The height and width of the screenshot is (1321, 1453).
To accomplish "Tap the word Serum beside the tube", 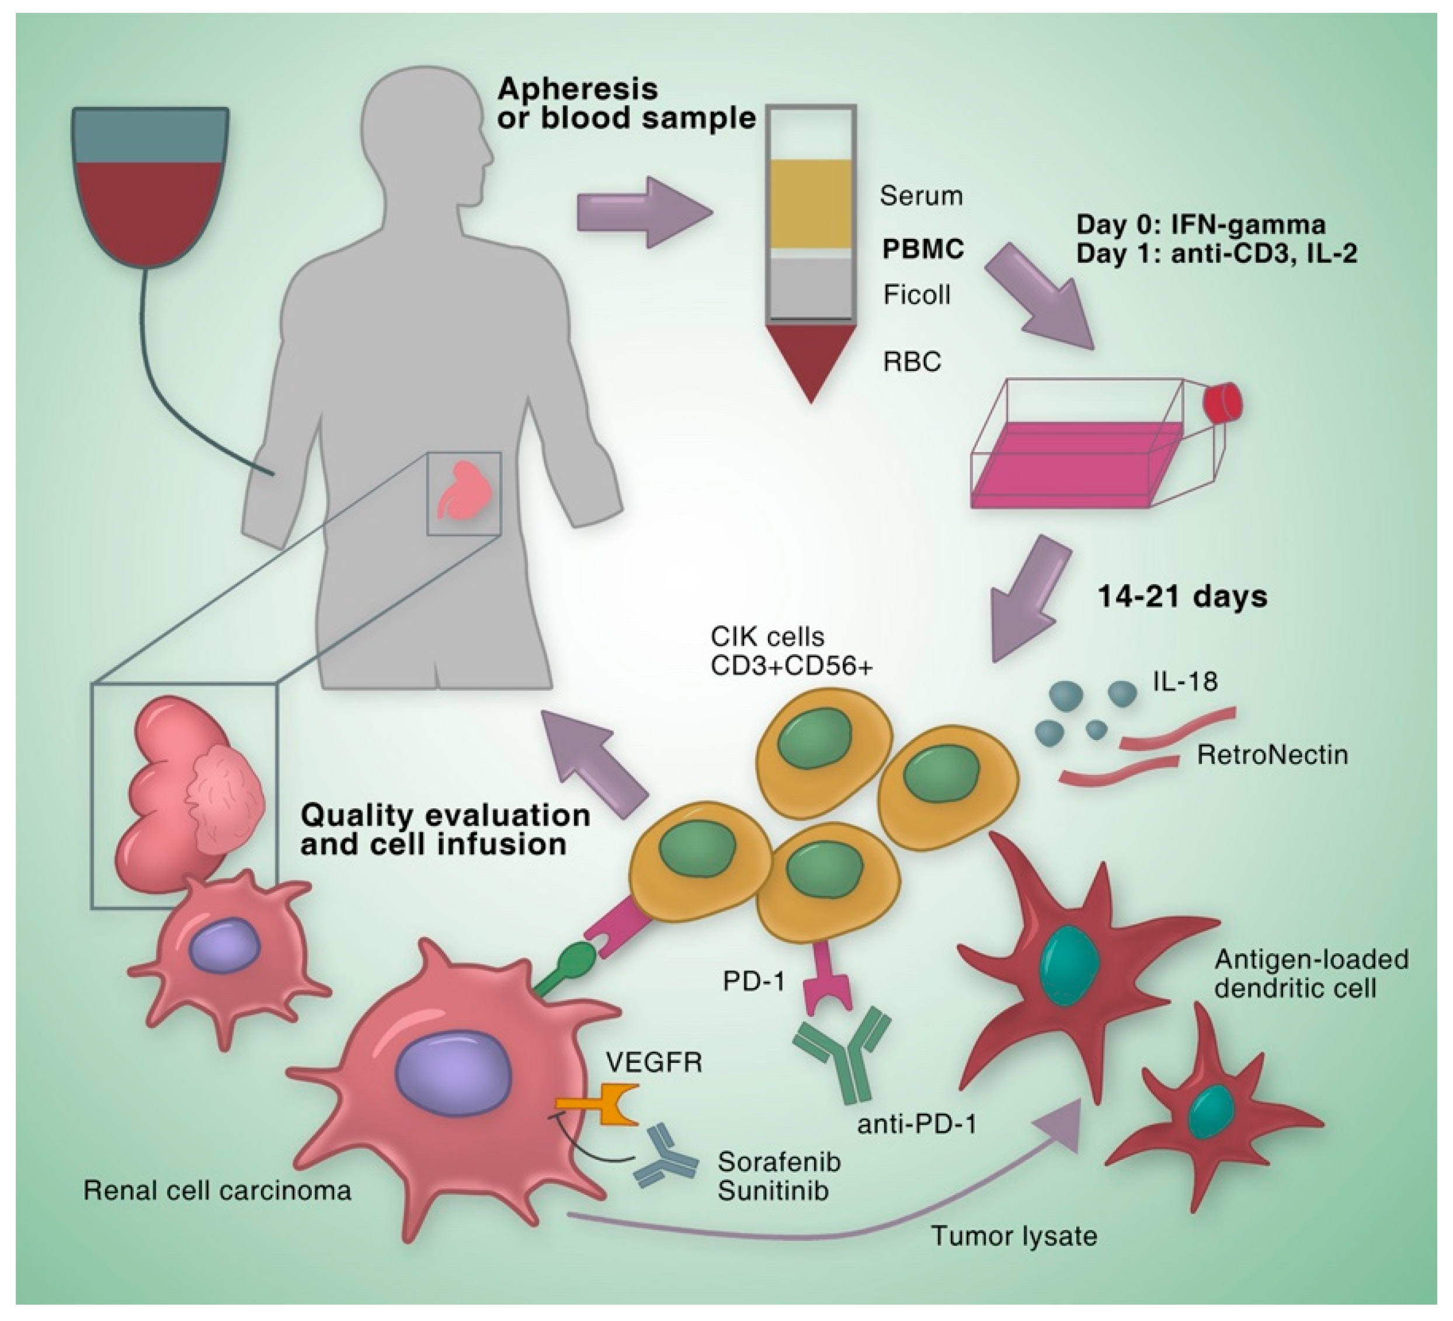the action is coord(921,196).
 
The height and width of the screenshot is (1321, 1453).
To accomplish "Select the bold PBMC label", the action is coord(924,249).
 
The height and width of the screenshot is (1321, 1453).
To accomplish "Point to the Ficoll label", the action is coord(917,295).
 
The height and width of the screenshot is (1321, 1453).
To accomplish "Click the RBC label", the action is coord(912,361).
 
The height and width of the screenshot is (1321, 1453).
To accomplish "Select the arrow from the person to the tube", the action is coord(645,213).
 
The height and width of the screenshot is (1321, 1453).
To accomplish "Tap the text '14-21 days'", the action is coord(1183,597).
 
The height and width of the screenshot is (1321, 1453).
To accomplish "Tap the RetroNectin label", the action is coord(1272,755).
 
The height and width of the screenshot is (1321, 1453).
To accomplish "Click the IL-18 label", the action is coord(1185,681).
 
